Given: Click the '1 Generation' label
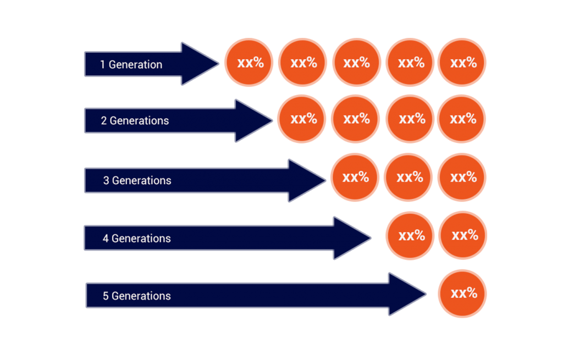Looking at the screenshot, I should [131, 64].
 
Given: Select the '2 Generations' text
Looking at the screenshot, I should [135, 120].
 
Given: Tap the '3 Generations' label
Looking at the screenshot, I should [137, 180].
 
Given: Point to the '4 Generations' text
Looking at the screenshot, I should [136, 239].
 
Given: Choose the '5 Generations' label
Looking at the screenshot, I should [136, 296].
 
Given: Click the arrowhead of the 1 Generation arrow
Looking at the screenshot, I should [198, 64].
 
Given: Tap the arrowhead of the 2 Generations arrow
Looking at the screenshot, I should [251, 121].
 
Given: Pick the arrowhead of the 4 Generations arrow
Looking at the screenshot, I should [350, 238].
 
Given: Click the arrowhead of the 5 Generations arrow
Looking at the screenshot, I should [405, 294].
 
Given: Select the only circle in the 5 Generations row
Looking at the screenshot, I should [462, 293].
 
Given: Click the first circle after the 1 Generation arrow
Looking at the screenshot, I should [250, 63].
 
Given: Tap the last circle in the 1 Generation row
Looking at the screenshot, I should [462, 63].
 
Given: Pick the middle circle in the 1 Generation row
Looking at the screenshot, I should [356, 63].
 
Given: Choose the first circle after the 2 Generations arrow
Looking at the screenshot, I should [302, 119].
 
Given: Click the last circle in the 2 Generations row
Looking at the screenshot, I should [462, 119].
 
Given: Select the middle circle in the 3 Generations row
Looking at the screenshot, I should [409, 178].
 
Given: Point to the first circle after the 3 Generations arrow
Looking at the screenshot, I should [355, 177].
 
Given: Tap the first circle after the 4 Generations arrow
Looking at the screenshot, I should [410, 236].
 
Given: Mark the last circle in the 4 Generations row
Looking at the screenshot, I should [463, 235].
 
